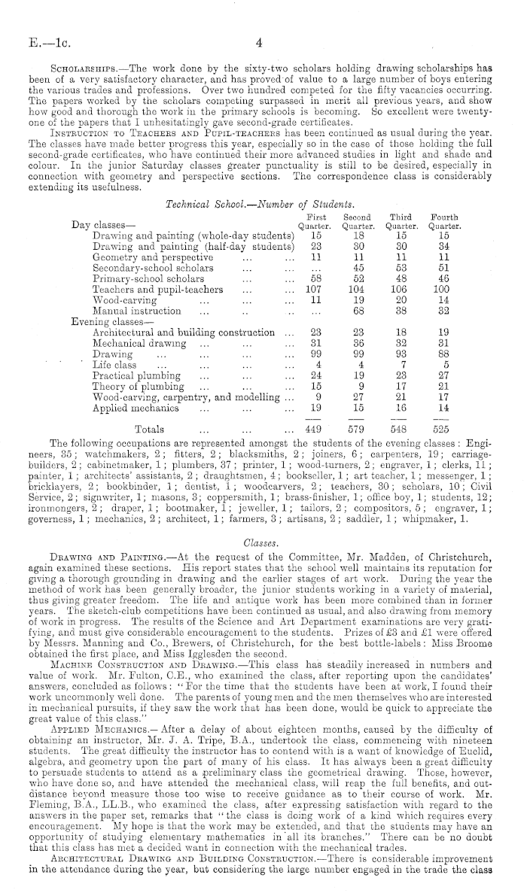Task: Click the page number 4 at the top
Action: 257,42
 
